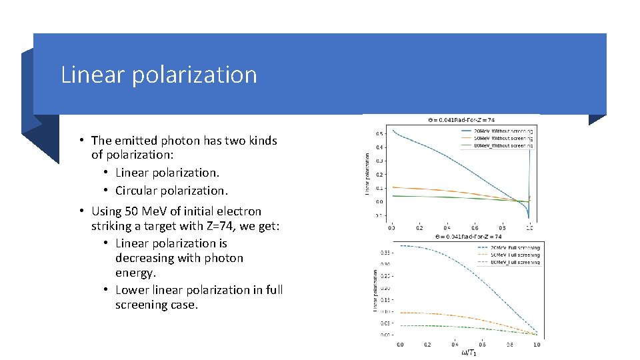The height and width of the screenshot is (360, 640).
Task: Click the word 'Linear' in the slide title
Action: click(92, 75)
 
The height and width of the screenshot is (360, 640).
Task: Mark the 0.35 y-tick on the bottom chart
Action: click(385, 252)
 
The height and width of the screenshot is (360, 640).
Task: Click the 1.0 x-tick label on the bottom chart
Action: click(536, 344)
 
